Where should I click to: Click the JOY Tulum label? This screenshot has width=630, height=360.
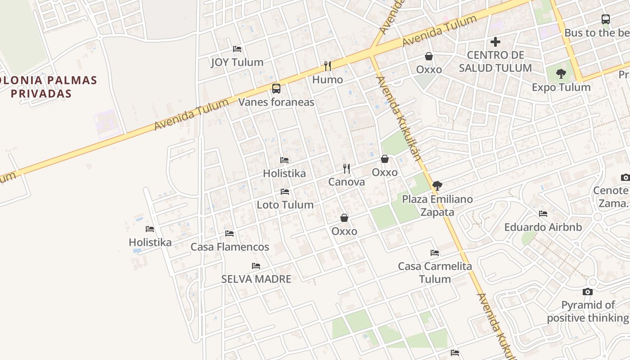tap(237, 62)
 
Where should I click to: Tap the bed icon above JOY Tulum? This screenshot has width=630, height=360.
tap(237, 49)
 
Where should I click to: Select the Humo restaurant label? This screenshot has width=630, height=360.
tap(328, 80)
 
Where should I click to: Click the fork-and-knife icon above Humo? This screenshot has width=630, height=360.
tap(328, 66)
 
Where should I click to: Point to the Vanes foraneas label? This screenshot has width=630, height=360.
tap(276, 102)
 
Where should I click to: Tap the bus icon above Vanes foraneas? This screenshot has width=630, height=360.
tap(276, 89)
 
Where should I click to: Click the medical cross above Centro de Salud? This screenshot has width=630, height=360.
tap(495, 42)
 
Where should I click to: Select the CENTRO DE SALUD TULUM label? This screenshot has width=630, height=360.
tap(495, 62)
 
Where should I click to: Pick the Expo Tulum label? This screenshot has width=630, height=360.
tap(561, 87)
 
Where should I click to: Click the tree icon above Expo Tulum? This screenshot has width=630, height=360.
tap(561, 74)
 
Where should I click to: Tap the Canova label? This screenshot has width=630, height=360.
tap(346, 182)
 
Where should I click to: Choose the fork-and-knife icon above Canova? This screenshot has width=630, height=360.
tap(346, 169)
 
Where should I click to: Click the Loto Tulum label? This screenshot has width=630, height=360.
tap(285, 205)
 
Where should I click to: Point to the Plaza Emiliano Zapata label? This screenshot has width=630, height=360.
tap(437, 205)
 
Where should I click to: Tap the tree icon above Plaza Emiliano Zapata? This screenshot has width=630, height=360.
tap(437, 185)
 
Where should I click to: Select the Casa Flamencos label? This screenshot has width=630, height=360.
tap(229, 247)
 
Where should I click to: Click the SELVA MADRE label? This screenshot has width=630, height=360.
tap(256, 279)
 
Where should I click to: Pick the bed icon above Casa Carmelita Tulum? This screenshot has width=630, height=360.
tap(434, 253)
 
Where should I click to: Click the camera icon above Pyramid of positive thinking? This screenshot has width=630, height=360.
tap(587, 292)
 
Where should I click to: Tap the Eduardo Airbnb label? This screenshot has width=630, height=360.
tap(543, 227)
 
